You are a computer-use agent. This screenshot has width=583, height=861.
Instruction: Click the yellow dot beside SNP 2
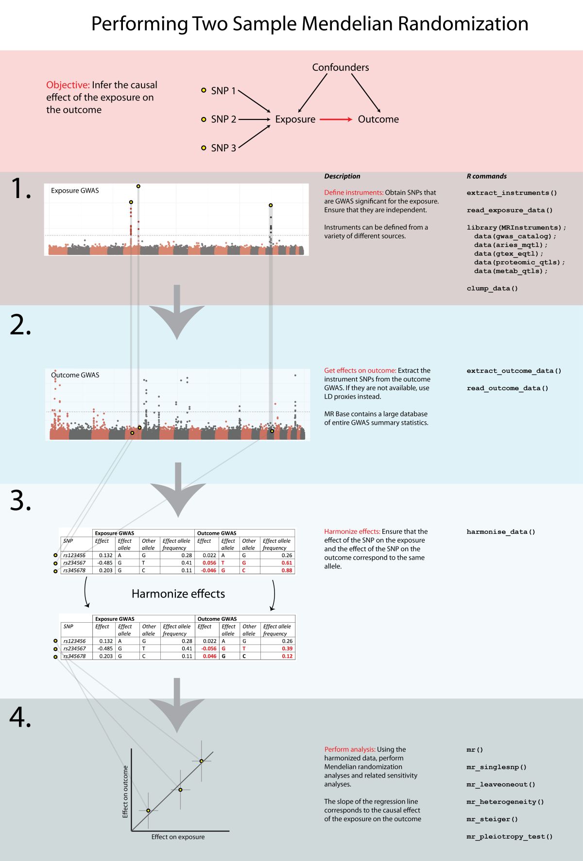[x=204, y=119]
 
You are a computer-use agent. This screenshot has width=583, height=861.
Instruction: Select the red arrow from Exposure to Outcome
[x=336, y=119]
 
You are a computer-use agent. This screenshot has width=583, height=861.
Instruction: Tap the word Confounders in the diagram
[x=340, y=67]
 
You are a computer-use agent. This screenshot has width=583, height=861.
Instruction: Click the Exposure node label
[x=295, y=119]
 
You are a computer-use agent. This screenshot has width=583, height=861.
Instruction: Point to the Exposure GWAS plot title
[x=75, y=191]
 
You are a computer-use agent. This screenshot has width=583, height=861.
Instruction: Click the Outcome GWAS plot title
[x=75, y=375]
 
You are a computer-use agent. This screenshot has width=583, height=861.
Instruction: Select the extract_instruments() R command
[x=512, y=193]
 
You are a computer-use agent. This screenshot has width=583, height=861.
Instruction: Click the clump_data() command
[x=492, y=289]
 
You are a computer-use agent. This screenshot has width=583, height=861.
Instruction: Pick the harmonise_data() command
[x=501, y=532]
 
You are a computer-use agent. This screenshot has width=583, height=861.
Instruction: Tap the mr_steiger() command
[x=492, y=819]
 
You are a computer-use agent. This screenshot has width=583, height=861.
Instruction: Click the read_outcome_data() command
[x=507, y=388]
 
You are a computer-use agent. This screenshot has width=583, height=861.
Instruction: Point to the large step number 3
[x=20, y=500]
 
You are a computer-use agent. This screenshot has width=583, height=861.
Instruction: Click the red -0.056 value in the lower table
[x=209, y=648]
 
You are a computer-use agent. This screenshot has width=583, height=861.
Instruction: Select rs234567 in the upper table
[x=74, y=563]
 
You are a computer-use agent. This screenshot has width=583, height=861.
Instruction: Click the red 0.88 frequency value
[x=287, y=571]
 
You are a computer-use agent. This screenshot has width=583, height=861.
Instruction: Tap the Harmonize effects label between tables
[x=178, y=594]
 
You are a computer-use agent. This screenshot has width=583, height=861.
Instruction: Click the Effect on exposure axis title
[x=178, y=837]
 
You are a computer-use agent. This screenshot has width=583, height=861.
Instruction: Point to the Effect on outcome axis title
[x=125, y=792]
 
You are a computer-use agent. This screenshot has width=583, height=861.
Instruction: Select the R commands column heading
[x=486, y=176]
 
